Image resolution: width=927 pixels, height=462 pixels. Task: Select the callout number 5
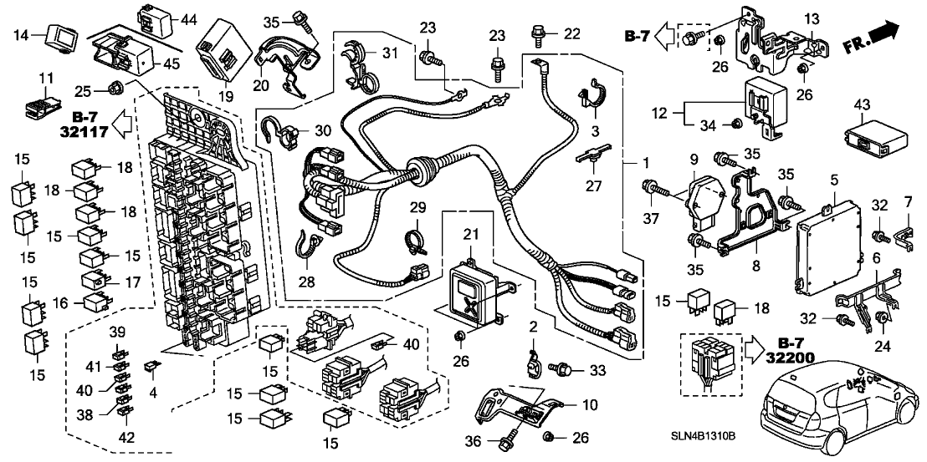[833, 180]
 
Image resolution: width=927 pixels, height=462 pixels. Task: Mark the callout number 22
[571, 33]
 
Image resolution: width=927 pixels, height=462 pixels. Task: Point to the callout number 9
[694, 158]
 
